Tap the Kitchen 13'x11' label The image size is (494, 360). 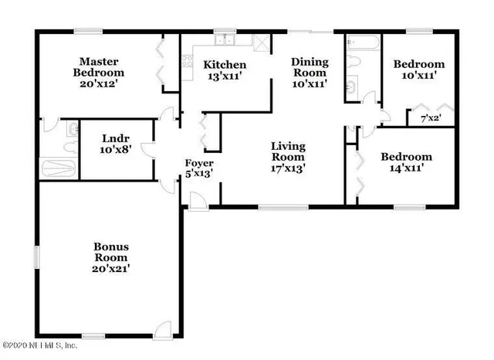[x=225, y=71]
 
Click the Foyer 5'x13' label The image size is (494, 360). [x=199, y=169]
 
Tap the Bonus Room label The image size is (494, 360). [x=111, y=258]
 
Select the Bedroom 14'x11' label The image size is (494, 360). [x=406, y=163]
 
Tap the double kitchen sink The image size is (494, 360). [x=225, y=42]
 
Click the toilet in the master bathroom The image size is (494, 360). [x=72, y=130]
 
